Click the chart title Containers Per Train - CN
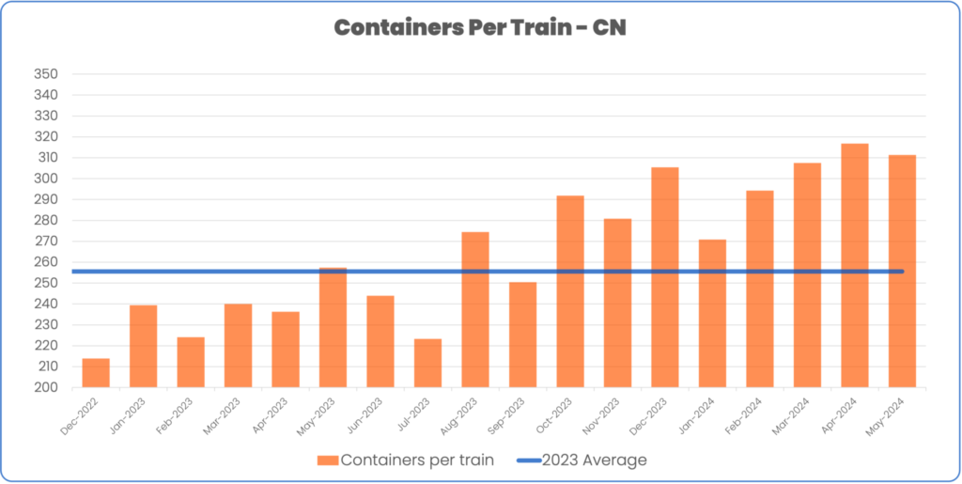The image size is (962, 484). click(x=480, y=27)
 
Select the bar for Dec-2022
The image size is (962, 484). click(x=96, y=373)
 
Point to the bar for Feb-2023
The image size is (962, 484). click(x=191, y=362)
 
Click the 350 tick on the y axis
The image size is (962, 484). click(x=45, y=74)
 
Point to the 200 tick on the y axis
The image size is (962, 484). click(x=45, y=387)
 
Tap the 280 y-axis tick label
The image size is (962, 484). click(x=45, y=221)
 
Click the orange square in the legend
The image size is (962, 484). click(x=327, y=460)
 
